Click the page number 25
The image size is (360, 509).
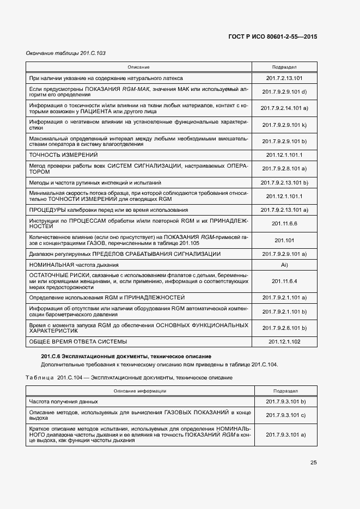click(313, 463)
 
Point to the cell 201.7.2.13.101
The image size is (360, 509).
click(284, 78)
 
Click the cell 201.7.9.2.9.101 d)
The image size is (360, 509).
click(284, 91)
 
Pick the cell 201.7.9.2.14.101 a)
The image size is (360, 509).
click(284, 108)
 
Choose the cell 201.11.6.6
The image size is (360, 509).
click(284, 223)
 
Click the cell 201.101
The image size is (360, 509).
click(284, 240)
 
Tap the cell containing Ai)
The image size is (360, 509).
click(284, 265)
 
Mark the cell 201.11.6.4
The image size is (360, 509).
click(284, 281)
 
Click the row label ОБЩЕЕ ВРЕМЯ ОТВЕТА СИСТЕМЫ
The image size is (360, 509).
click(78, 341)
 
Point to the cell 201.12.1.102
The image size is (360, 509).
click(284, 341)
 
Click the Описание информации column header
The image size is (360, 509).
click(139, 391)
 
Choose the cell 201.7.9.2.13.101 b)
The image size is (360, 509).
click(284, 182)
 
